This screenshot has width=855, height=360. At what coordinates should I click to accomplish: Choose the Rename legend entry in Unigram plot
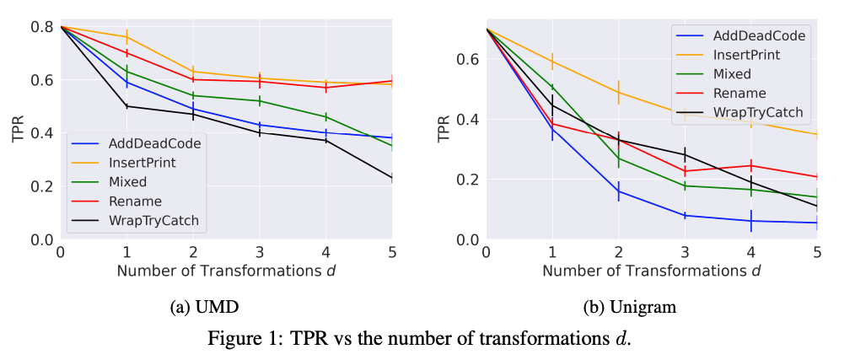tap(739, 93)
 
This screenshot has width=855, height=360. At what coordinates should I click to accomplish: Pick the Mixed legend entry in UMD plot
tap(128, 182)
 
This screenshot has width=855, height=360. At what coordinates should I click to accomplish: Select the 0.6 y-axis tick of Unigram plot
tap(467, 60)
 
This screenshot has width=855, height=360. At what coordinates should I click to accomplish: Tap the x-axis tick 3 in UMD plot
tap(260, 252)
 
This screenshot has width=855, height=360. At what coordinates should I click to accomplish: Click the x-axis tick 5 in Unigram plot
tap(817, 252)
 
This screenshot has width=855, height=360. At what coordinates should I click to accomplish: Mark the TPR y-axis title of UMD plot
tap(18, 133)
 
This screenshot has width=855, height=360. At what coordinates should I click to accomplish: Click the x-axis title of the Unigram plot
tap(651, 271)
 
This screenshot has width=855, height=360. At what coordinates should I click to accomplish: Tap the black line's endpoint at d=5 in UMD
tap(392, 178)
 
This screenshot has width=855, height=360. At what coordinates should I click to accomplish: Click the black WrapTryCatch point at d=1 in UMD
tap(126, 106)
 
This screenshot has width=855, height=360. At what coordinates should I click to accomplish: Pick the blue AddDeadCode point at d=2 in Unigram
tap(619, 191)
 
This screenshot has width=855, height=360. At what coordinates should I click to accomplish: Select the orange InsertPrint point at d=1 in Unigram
tap(552, 62)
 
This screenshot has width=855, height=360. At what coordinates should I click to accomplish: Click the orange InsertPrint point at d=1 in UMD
tap(126, 37)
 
